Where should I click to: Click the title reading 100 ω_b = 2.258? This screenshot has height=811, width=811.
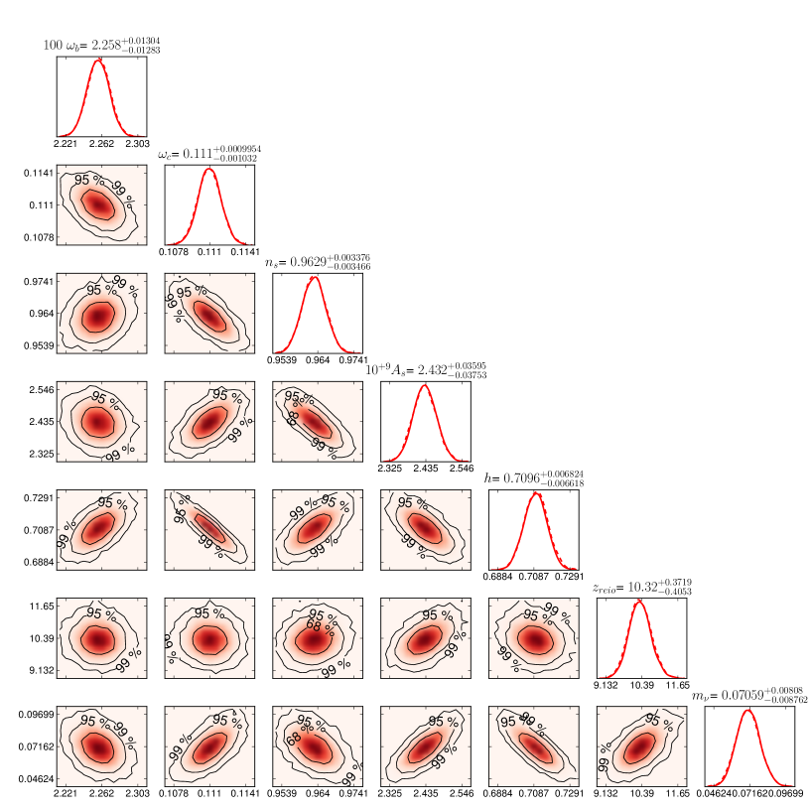(x=96, y=45)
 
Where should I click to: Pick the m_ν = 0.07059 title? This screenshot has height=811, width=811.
(x=751, y=697)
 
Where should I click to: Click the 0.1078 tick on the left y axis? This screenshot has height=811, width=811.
(x=37, y=238)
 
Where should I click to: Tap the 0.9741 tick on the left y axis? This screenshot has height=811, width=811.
(x=37, y=282)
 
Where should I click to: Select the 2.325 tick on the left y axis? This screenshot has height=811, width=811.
(x=39, y=455)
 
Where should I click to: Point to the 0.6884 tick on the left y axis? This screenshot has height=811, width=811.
(x=37, y=563)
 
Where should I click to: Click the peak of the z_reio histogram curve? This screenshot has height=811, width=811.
(x=639, y=601)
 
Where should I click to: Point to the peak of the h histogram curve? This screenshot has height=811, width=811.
(x=534, y=492)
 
